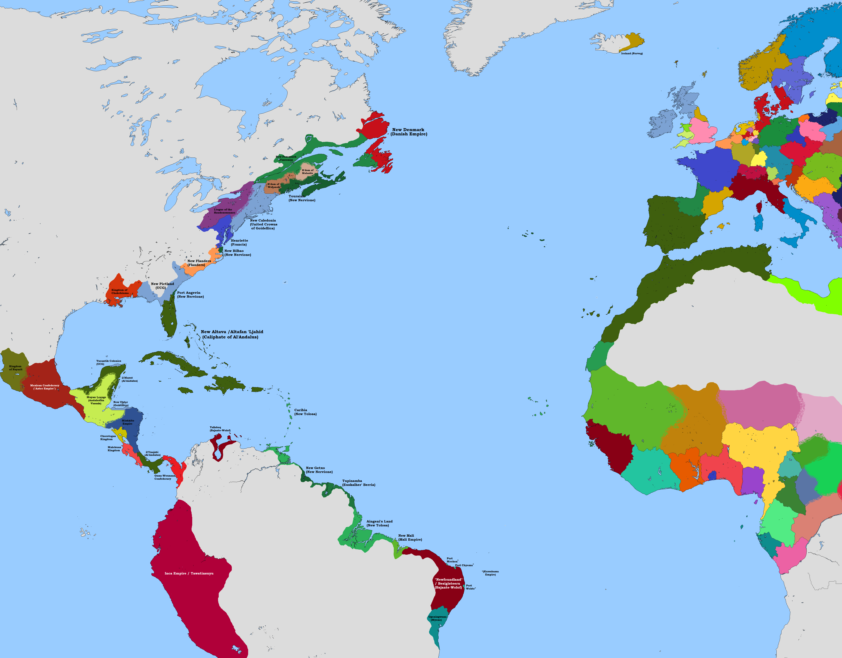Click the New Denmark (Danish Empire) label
pos(409,132)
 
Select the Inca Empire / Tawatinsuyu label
pos(189,573)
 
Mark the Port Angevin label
pos(190,294)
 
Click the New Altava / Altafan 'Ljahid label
pos(232,334)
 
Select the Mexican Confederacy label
pos(45,387)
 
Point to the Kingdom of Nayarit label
pos(15,368)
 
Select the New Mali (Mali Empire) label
pos(410,537)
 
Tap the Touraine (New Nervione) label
pos(302,198)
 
